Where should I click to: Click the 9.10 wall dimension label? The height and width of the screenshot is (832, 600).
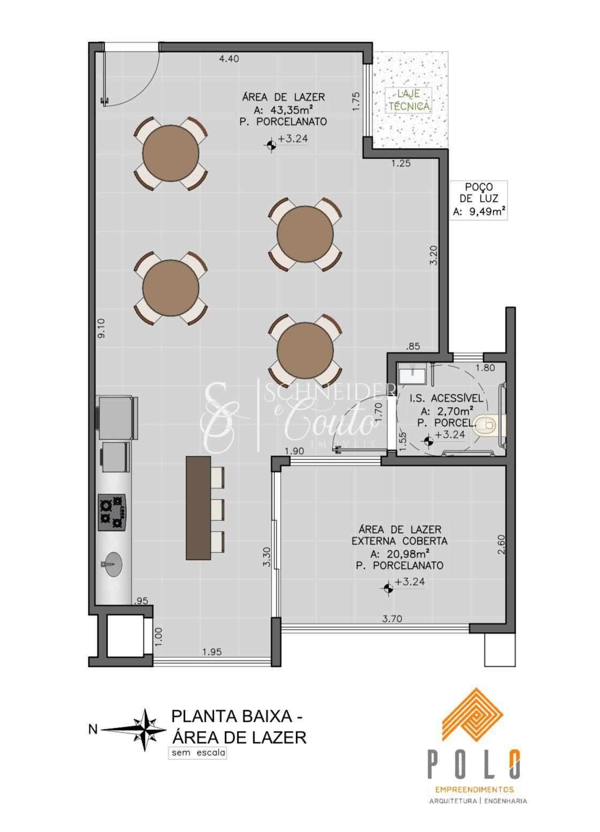pyautogui.click(x=100, y=328)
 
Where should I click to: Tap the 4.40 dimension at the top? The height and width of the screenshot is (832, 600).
pyautogui.click(x=229, y=58)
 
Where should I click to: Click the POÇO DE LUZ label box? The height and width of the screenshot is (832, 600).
pyautogui.click(x=479, y=200)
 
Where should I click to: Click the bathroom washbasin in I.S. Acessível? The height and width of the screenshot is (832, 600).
pyautogui.click(x=412, y=374)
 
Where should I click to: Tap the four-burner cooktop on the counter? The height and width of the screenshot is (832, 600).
pyautogui.click(x=112, y=512)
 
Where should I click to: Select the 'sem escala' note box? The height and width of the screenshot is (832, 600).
pyautogui.click(x=197, y=752)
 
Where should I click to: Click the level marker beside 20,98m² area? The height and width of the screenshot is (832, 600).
pyautogui.click(x=388, y=588)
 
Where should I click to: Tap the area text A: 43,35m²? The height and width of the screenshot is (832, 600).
pyautogui.click(x=284, y=109)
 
